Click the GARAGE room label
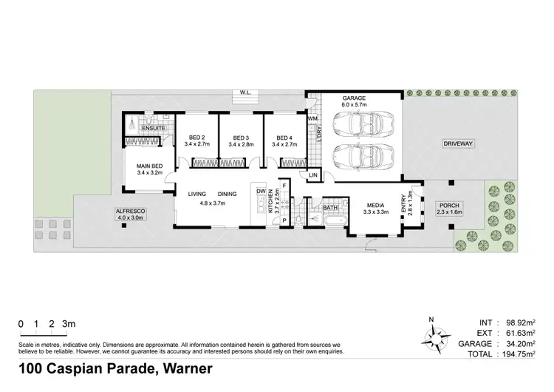(354, 98)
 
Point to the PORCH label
(448, 206)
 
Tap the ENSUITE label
(152, 129)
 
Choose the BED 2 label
(197, 138)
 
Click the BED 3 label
(241, 138)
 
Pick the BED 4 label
(284, 138)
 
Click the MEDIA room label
(376, 206)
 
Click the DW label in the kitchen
(261, 192)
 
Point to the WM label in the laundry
(312, 118)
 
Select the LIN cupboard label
(313, 175)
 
